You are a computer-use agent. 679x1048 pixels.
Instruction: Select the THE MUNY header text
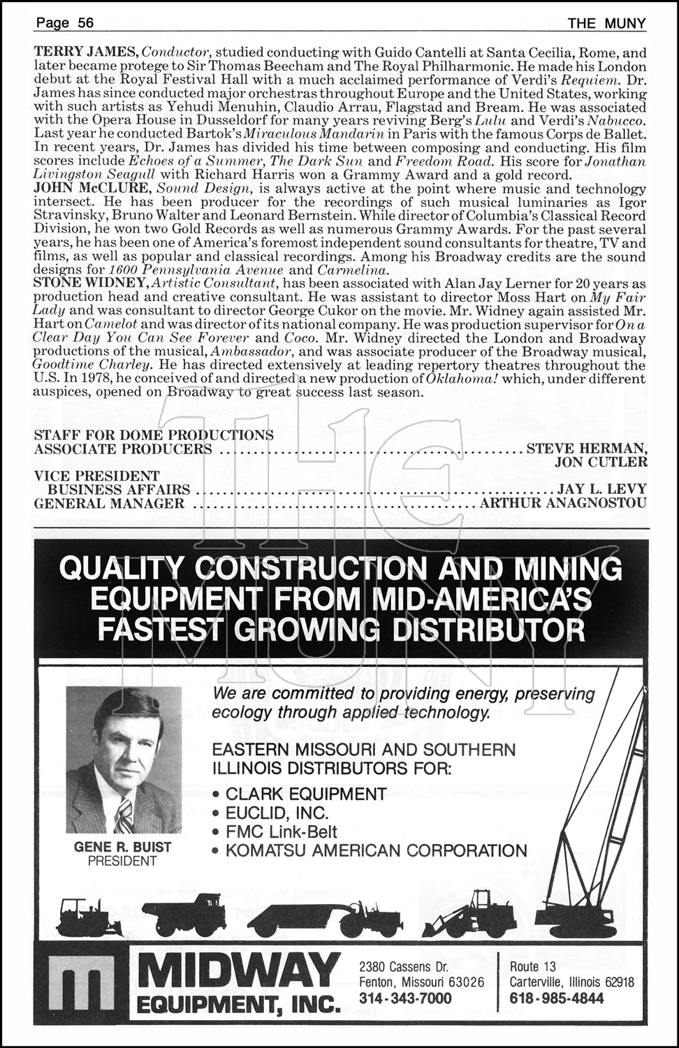pyautogui.click(x=606, y=23)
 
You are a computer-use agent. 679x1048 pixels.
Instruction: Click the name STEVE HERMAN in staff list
pyautogui.click(x=586, y=449)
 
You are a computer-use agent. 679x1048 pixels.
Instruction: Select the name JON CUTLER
pyautogui.click(x=600, y=462)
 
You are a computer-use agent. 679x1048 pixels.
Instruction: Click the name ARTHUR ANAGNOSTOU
pyautogui.click(x=564, y=503)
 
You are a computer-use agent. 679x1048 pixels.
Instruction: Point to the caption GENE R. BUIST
pyautogui.click(x=122, y=847)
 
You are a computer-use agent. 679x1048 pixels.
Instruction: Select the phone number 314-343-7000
pyautogui.click(x=405, y=998)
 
